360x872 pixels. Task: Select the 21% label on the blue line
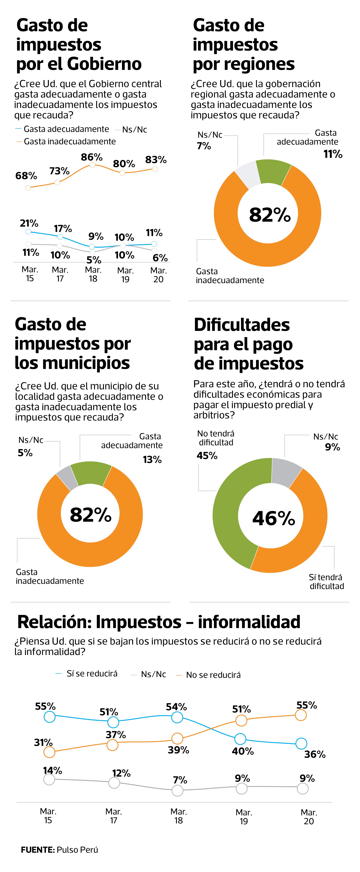point(29,223)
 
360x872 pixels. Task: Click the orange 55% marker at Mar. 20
point(301,715)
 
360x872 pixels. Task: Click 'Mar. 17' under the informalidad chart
point(114,816)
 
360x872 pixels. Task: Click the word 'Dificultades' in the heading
point(242,325)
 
